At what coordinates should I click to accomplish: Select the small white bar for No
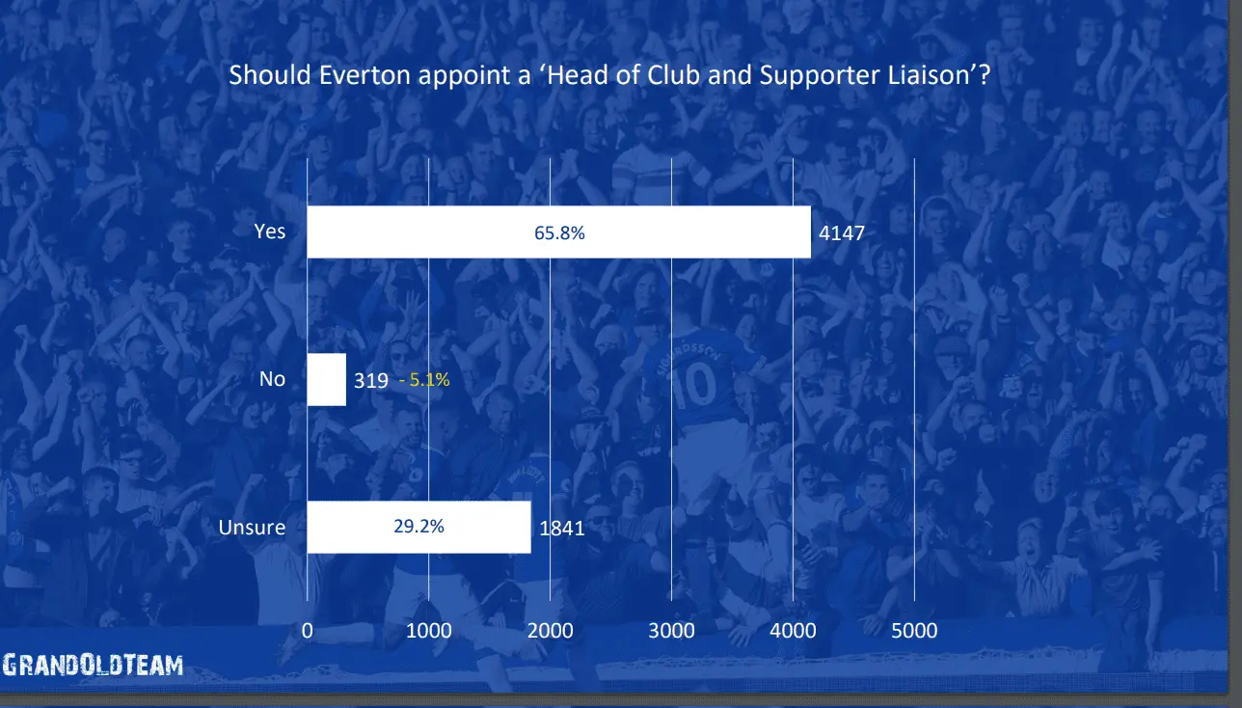click(326, 379)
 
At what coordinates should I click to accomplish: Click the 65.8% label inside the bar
click(559, 232)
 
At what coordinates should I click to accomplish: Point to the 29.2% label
click(418, 527)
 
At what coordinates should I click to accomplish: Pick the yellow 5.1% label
click(424, 380)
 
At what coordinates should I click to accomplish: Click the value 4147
click(842, 232)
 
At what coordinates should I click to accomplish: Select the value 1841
click(561, 528)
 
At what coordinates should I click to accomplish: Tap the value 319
click(370, 380)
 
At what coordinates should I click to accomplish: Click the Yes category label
click(270, 231)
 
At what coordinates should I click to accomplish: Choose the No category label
click(272, 379)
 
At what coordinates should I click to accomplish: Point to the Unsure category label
click(253, 527)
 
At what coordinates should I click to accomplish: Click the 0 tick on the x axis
click(308, 631)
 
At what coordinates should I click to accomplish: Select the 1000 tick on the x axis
click(428, 631)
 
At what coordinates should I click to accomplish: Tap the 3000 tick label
click(671, 631)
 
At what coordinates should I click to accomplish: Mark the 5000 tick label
click(914, 631)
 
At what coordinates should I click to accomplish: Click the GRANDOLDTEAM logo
click(93, 665)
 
